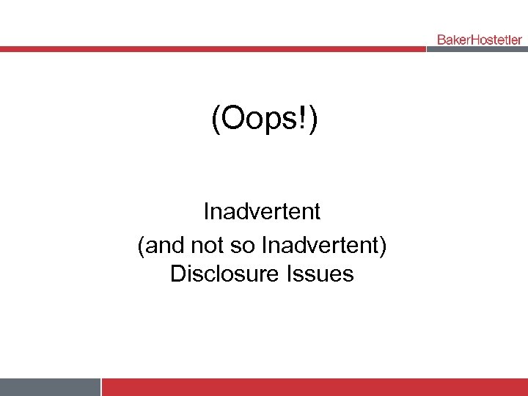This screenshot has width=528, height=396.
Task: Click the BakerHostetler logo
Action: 480,40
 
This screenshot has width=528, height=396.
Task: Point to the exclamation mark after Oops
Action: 304,120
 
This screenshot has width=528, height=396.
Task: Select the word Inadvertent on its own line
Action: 262,212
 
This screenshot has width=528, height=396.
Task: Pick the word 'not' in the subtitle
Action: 208,243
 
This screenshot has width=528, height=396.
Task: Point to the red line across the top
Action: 213,49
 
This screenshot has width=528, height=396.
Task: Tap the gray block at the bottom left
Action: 50,386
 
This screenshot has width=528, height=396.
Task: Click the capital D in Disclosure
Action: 177,274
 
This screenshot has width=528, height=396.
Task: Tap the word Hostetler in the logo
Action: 496,40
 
